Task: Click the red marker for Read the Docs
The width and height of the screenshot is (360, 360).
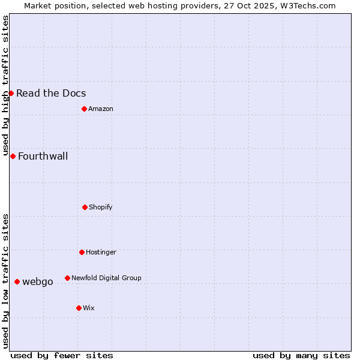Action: [11, 93]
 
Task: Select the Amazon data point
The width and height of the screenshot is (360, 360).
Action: [84, 109]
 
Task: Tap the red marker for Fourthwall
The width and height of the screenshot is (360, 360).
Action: [13, 156]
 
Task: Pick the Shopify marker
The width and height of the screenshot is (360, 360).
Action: [85, 207]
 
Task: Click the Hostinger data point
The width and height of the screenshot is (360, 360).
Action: [82, 252]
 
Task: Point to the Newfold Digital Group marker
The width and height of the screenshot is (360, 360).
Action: [67, 278]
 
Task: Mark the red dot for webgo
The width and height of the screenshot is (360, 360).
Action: [17, 281]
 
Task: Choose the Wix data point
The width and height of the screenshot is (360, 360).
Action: [79, 308]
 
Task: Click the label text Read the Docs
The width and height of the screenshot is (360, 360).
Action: [51, 93]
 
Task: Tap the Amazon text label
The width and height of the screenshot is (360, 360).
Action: [101, 109]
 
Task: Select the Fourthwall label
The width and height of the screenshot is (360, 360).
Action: [43, 157]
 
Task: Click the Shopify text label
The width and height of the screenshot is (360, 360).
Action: [101, 207]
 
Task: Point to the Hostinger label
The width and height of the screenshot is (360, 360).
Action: [101, 252]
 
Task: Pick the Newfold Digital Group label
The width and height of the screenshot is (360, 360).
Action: [106, 278]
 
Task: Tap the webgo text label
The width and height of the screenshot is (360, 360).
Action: [37, 282]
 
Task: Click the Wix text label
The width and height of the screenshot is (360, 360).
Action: [89, 308]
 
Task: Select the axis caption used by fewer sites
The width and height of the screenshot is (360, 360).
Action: [62, 355]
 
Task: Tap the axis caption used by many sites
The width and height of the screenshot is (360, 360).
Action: [301, 355]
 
